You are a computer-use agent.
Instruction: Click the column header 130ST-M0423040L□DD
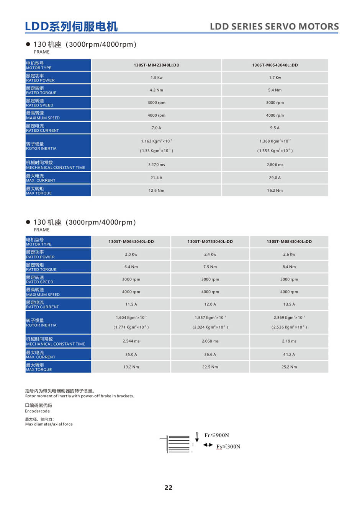click(156, 65)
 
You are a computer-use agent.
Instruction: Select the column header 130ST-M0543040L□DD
click(275, 65)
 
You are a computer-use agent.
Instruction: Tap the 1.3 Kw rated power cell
click(156, 78)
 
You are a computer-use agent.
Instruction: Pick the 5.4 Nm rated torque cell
click(275, 90)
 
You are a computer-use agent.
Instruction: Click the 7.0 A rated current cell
click(156, 128)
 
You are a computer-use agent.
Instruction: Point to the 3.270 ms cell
click(156, 165)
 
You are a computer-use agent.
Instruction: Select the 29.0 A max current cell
click(275, 178)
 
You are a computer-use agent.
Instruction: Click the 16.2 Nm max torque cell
click(275, 191)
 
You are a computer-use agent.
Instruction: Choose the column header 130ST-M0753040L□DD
click(210, 242)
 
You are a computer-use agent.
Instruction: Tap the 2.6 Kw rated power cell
click(289, 254)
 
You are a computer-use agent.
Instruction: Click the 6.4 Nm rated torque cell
click(131, 267)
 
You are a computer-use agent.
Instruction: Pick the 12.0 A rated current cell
click(210, 305)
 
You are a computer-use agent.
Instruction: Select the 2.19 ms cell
click(289, 341)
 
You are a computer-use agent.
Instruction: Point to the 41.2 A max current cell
click(289, 355)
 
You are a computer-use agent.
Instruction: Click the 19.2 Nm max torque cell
click(131, 367)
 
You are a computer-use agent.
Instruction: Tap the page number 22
click(169, 488)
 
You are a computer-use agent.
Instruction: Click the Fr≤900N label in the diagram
click(217, 436)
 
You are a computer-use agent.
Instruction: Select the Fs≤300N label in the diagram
click(228, 447)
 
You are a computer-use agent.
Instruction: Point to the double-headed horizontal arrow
click(208, 445)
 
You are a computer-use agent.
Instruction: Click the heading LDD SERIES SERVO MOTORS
click(274, 27)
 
